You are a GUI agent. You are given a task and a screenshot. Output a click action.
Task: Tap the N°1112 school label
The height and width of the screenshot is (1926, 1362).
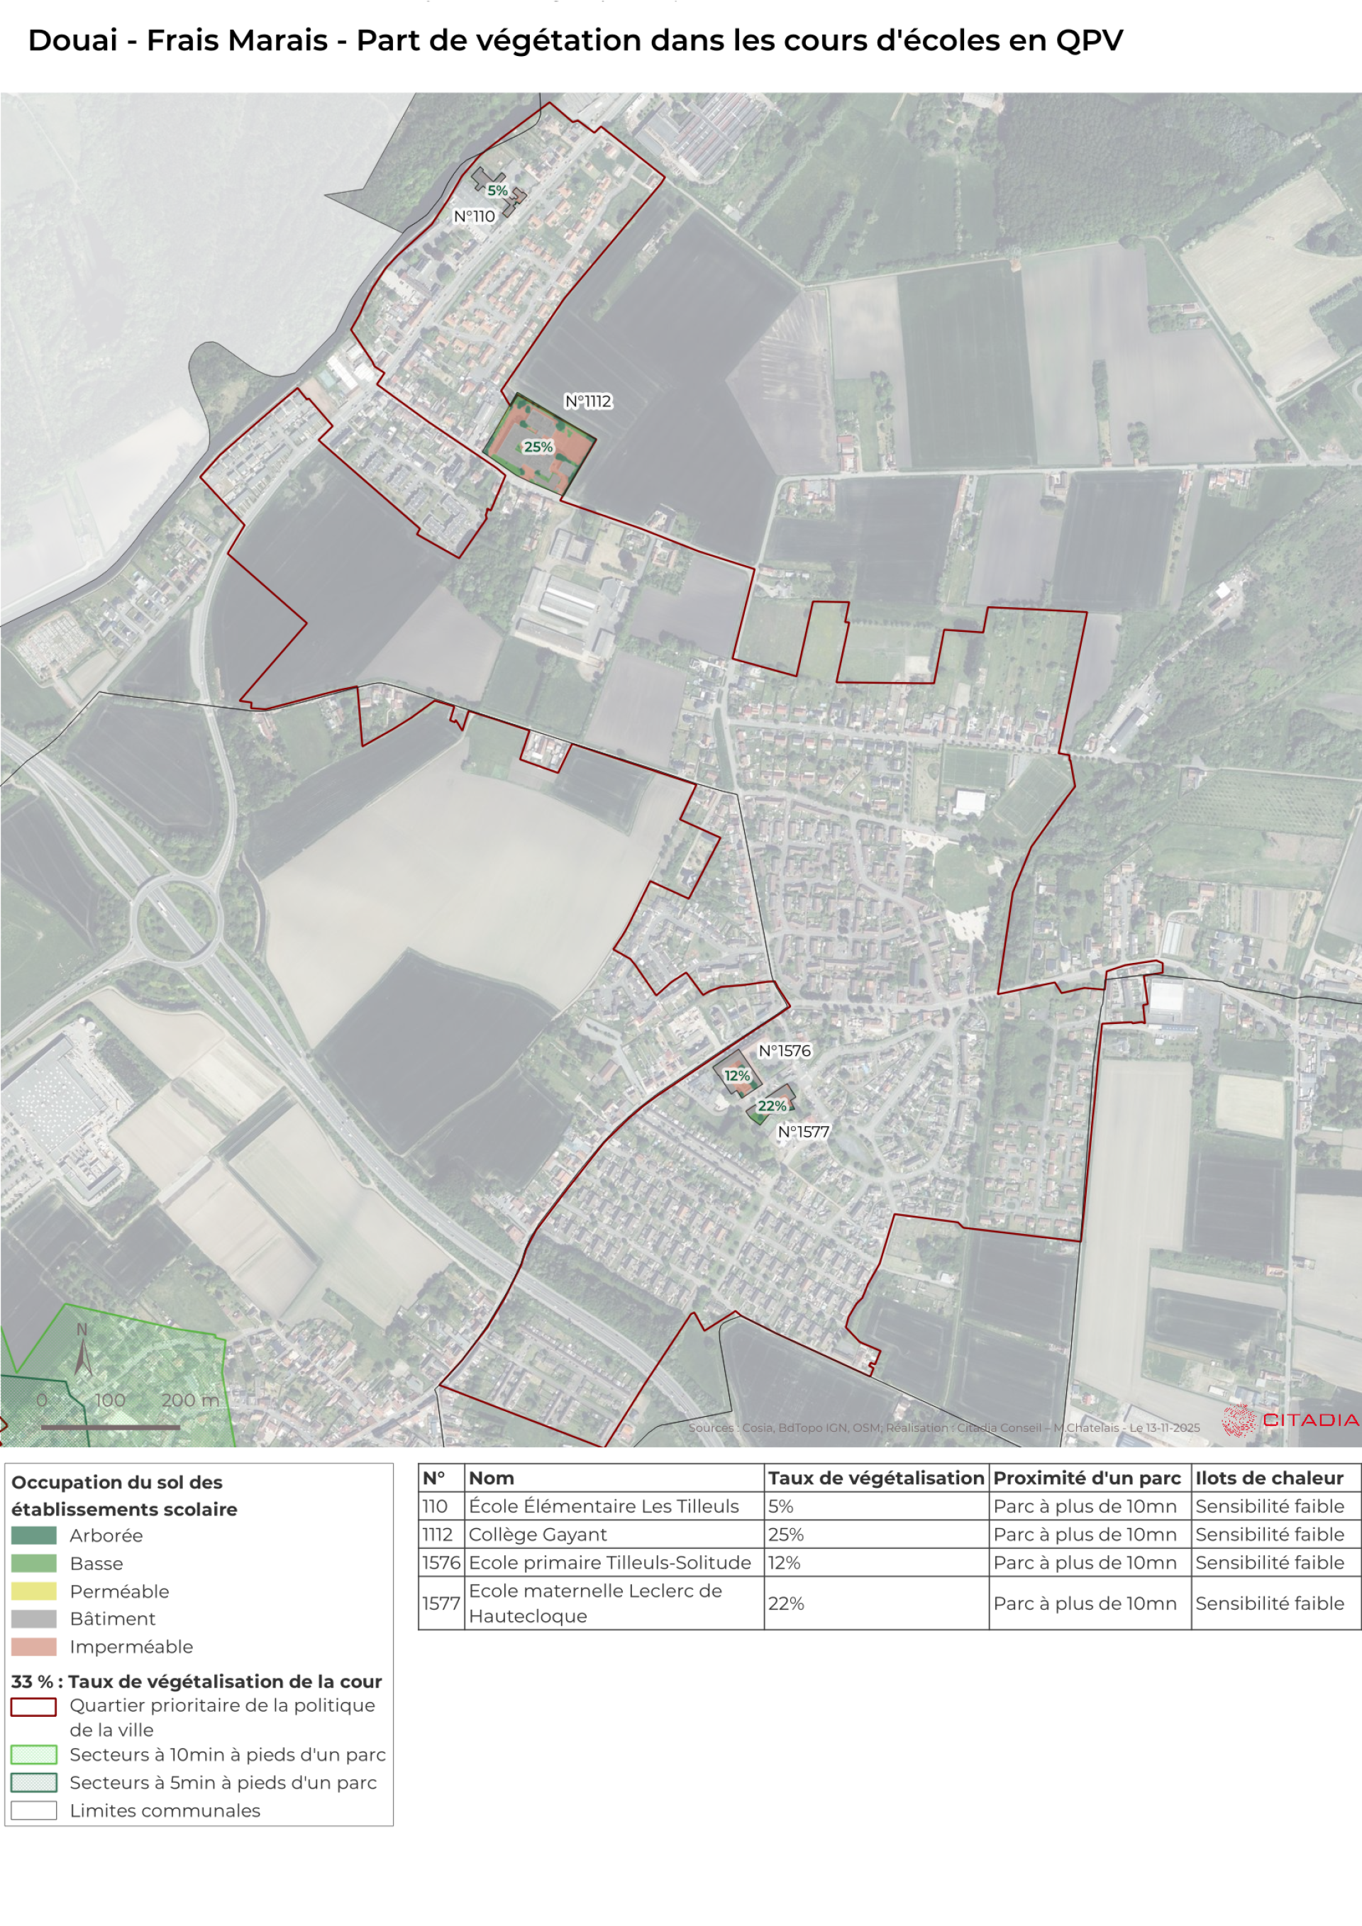587,402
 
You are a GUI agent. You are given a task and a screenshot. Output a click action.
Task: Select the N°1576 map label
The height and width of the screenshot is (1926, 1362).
784,1051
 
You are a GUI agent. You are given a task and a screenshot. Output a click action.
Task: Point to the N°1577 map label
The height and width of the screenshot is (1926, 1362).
802,1132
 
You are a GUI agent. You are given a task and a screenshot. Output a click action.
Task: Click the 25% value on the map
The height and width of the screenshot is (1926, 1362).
538,447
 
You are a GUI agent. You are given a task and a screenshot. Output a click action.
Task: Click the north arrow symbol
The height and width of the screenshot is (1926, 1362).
82,1353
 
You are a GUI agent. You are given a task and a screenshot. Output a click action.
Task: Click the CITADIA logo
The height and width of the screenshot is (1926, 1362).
1290,1420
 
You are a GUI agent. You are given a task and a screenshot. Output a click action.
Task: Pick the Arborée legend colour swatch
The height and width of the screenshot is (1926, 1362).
33,1535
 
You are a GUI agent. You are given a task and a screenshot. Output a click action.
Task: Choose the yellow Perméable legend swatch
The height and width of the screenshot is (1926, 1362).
33,1591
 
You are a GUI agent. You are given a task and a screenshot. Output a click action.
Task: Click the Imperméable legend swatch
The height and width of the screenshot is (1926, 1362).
33,1647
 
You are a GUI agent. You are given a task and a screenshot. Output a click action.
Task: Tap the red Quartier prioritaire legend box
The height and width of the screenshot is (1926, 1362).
33,1707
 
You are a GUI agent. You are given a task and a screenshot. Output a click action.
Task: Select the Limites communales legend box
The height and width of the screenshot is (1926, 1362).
33,1810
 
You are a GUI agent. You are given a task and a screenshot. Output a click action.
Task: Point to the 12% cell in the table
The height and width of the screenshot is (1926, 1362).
784,1563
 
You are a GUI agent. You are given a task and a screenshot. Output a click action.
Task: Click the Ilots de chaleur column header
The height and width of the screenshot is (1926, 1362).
1269,1478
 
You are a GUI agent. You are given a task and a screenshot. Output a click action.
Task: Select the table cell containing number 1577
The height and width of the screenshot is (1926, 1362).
441,1603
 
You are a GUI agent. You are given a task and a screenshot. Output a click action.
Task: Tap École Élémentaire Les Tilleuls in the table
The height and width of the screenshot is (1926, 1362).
604,1507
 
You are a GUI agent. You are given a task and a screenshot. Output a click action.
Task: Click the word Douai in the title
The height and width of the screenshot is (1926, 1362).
72,40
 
